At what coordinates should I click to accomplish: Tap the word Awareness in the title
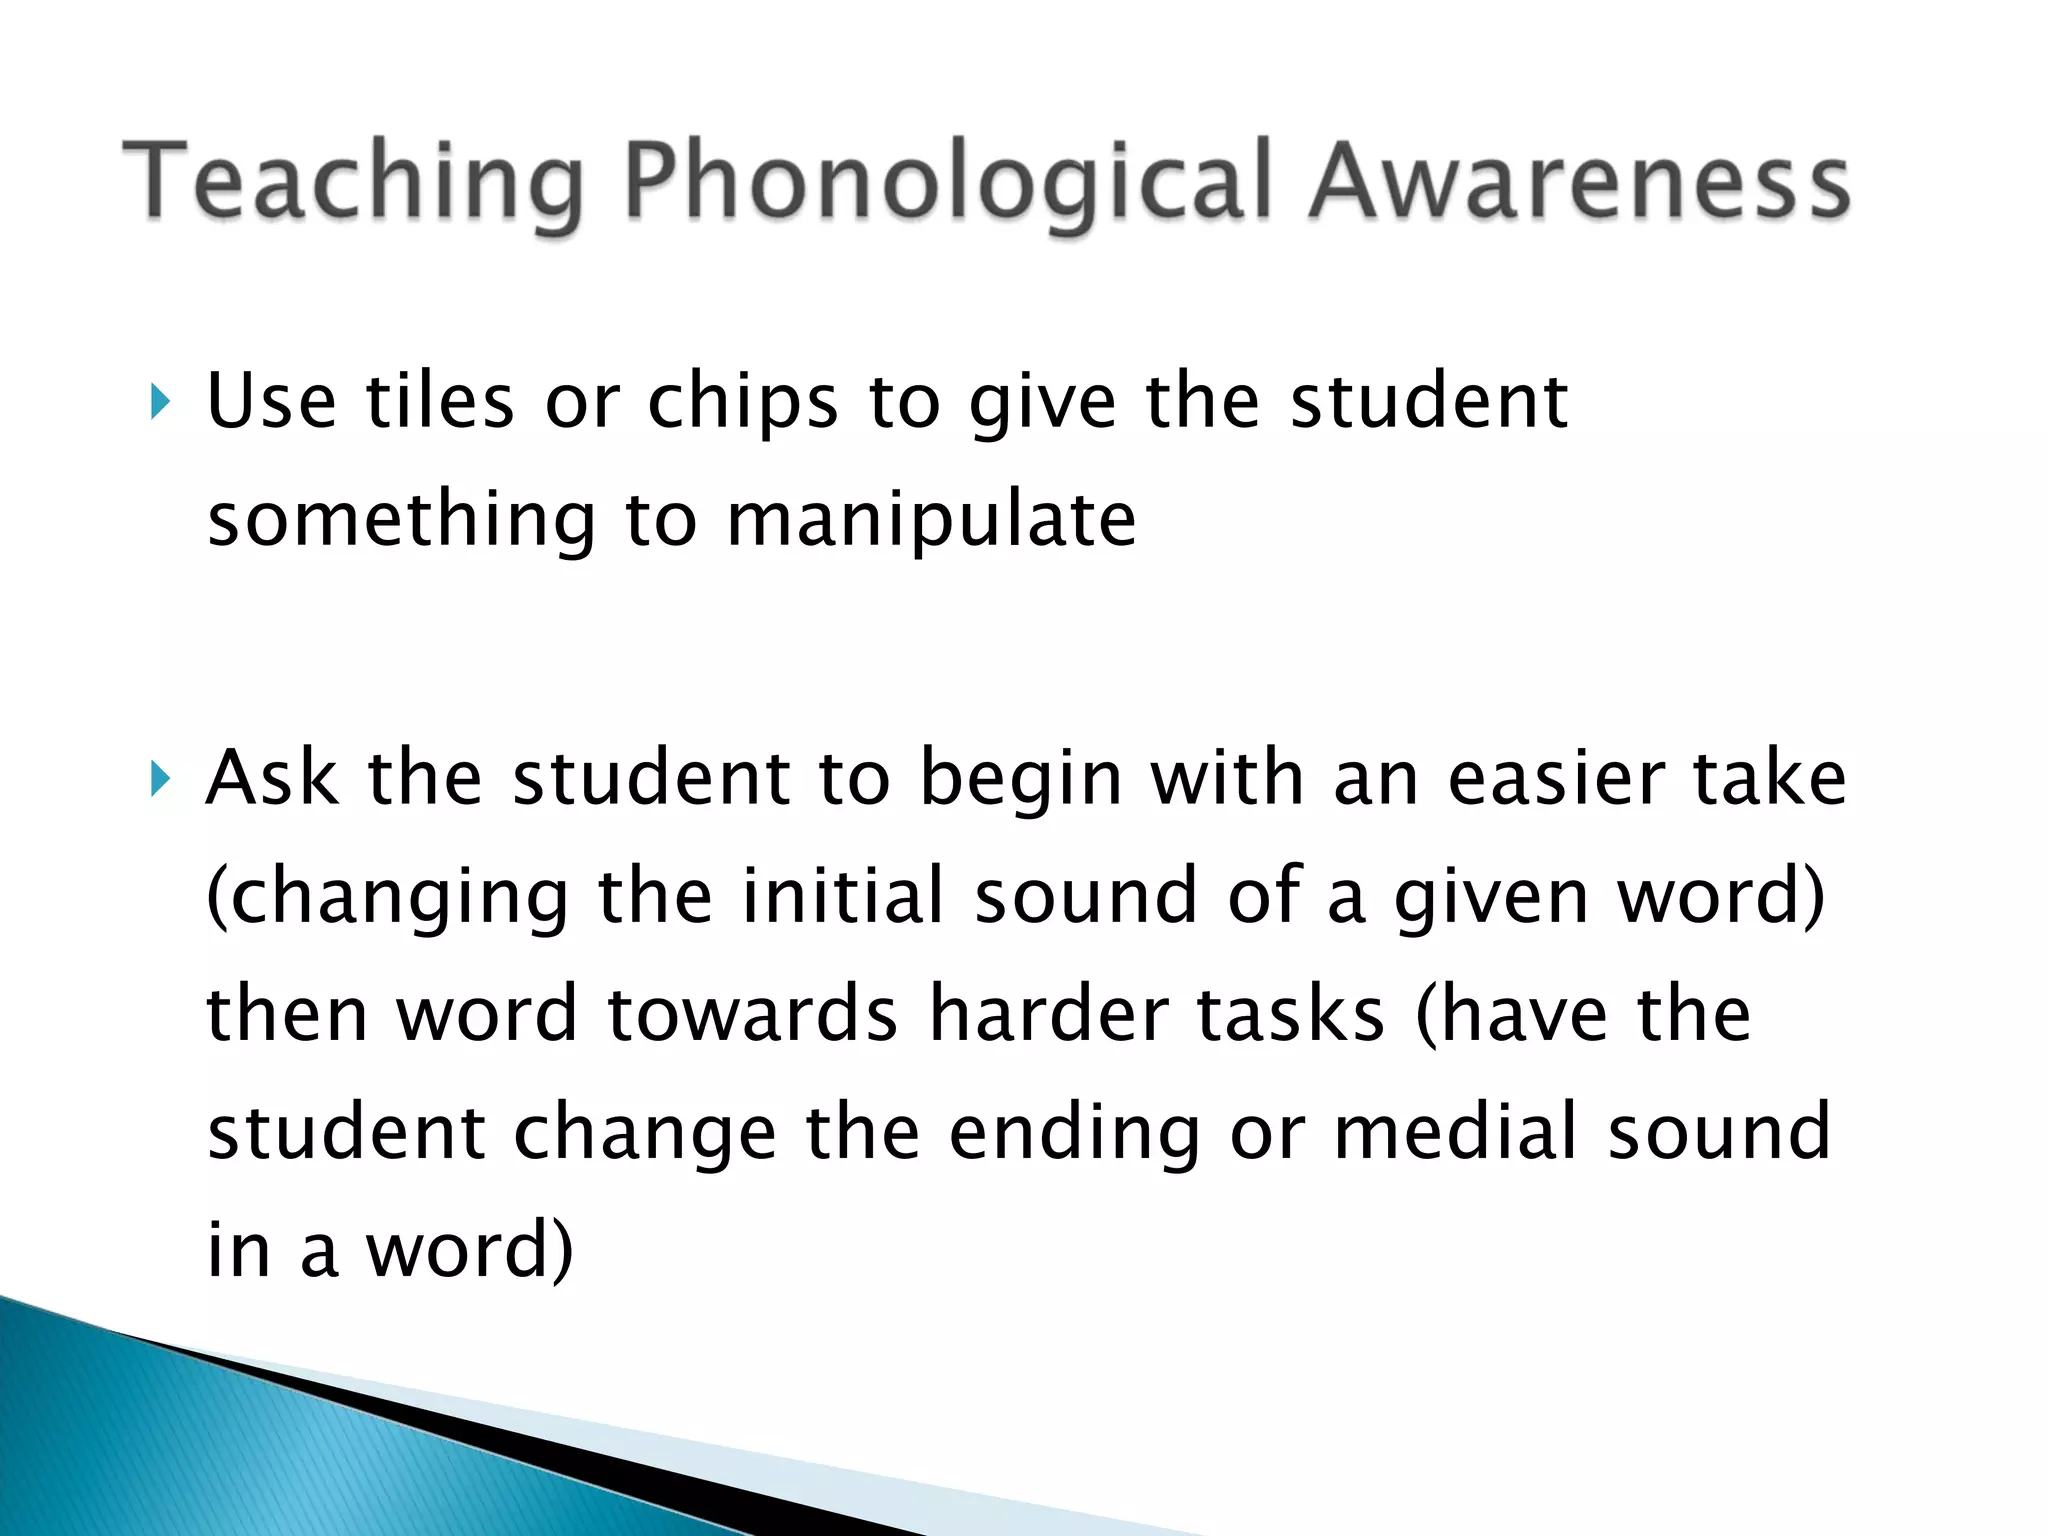pyautogui.click(x=1579, y=183)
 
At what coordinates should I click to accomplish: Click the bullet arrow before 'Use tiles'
pyautogui.click(x=159, y=403)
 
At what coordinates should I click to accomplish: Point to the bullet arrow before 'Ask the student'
pyautogui.click(x=159, y=779)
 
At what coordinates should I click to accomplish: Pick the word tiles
pyautogui.click(x=440, y=402)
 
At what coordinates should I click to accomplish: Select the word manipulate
pyautogui.click(x=931, y=520)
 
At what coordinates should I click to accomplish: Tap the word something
pyautogui.click(x=401, y=522)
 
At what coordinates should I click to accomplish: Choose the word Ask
pyautogui.click(x=271, y=778)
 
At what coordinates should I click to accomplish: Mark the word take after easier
pyautogui.click(x=1770, y=778)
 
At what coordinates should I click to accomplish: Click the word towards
pyautogui.click(x=753, y=1014)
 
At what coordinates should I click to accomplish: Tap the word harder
pyautogui.click(x=1049, y=1014)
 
